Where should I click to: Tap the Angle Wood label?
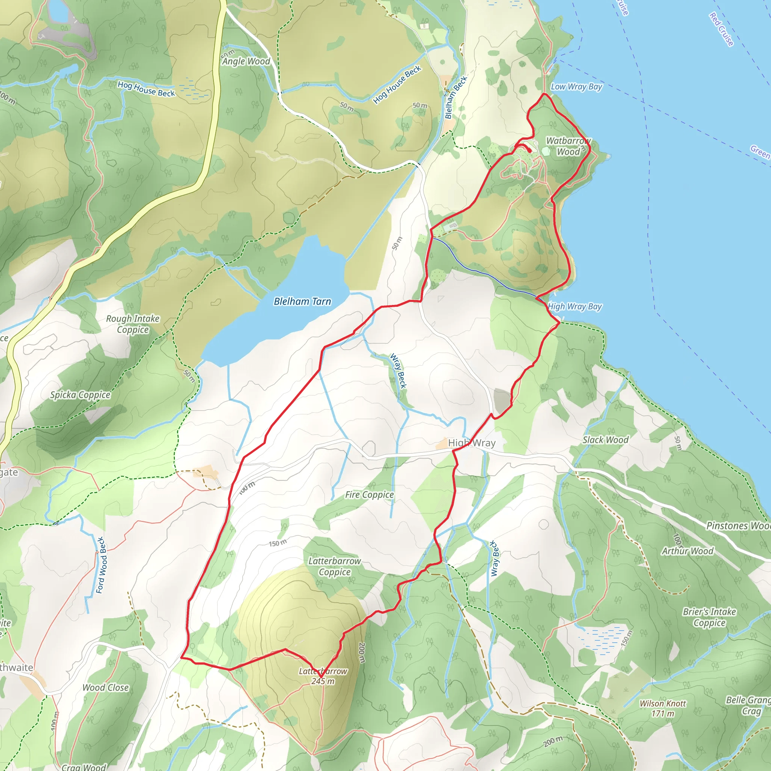[x=246, y=61]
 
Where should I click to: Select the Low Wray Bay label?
[x=576, y=87]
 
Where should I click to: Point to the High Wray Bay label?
[x=574, y=306]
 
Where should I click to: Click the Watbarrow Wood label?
[x=568, y=146]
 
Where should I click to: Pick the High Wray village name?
[x=471, y=443]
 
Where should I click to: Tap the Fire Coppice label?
[x=369, y=495]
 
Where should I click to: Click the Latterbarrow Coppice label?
[x=334, y=566]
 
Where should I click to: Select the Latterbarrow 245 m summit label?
[x=323, y=676]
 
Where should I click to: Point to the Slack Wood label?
[x=605, y=440]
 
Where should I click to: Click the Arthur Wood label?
[x=687, y=551]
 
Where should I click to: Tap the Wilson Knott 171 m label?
[x=663, y=709]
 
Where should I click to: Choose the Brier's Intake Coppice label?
[x=709, y=617]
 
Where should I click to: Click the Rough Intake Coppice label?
[x=133, y=324]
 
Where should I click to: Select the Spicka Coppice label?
[x=80, y=395]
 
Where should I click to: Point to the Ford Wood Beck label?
[x=101, y=565]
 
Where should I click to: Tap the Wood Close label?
[x=105, y=687]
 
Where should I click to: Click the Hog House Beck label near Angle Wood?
[x=146, y=89]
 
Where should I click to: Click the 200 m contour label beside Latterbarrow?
[x=361, y=653]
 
